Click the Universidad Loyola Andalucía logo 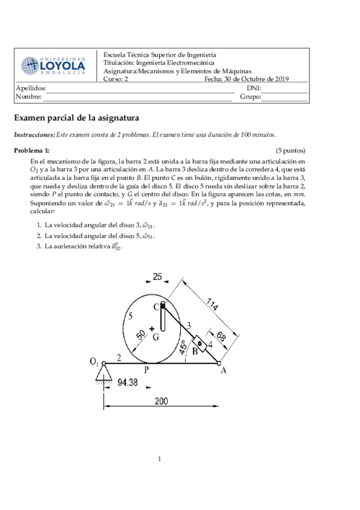coord(53,66)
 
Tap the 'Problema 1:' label coord(32,150)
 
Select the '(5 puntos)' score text coord(291,150)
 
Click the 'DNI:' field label coord(254,88)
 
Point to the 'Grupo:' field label coord(250,96)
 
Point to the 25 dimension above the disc coord(157,277)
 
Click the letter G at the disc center coord(156,337)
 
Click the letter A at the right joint coord(224,370)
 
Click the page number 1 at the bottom coord(160,460)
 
